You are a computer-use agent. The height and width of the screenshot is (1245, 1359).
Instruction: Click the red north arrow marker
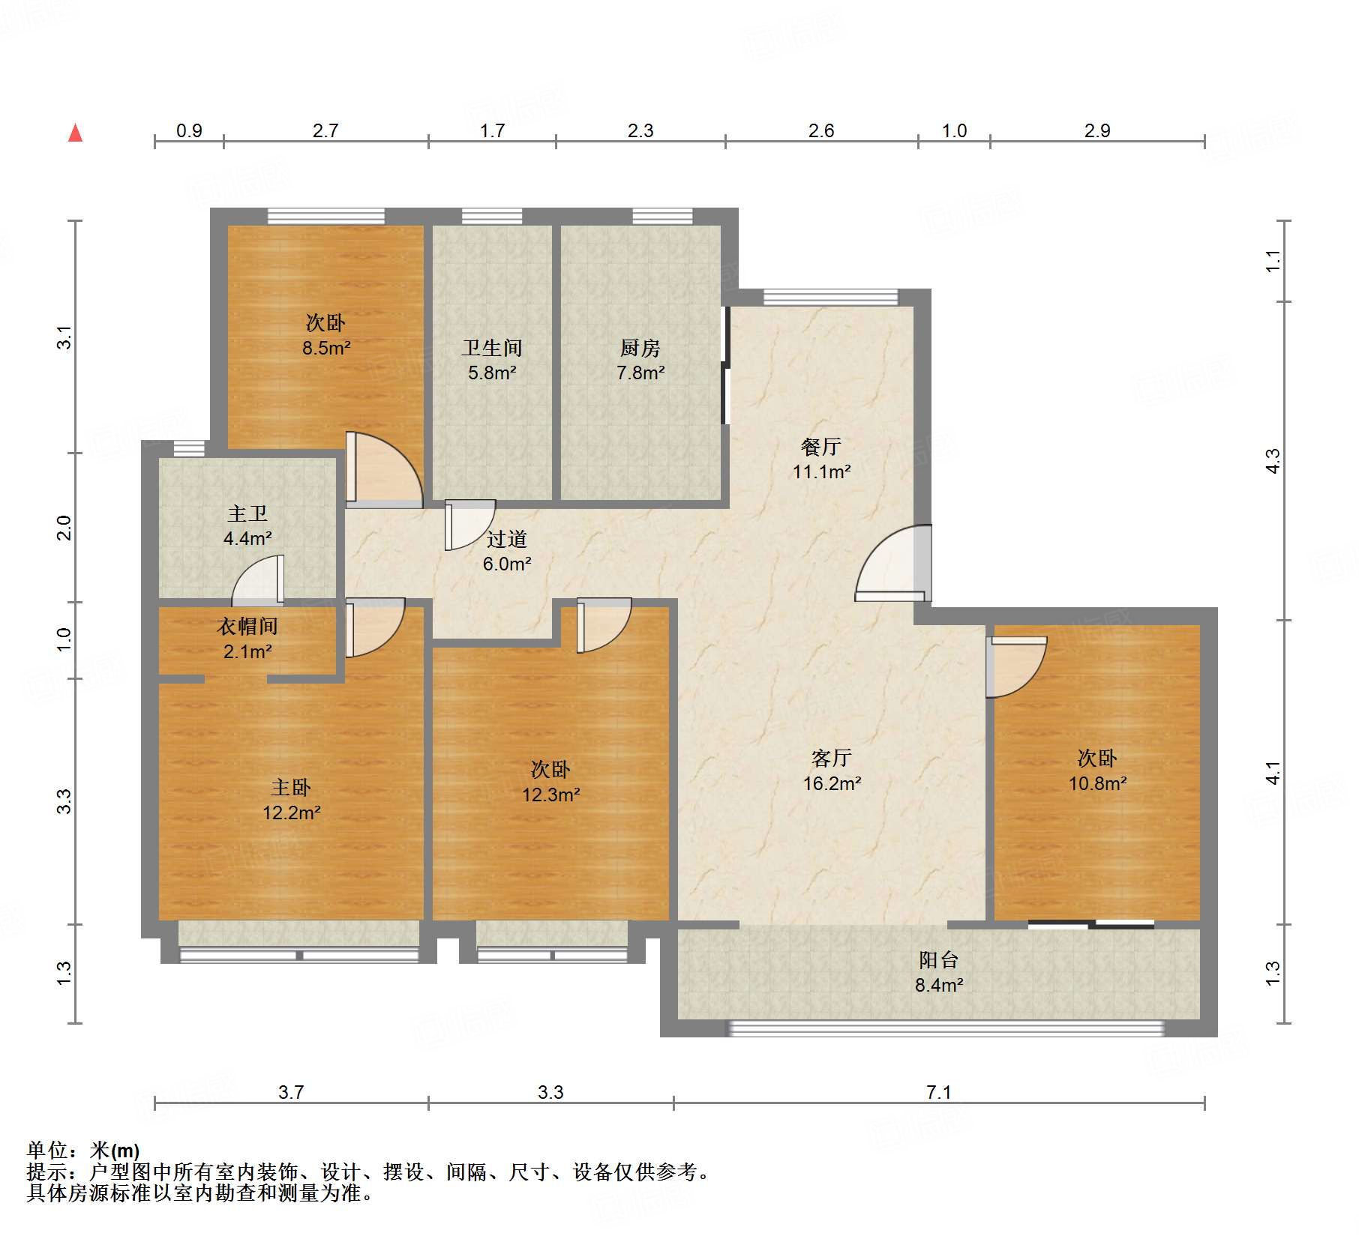[75, 133]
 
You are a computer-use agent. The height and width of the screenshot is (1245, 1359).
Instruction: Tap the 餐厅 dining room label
[821, 447]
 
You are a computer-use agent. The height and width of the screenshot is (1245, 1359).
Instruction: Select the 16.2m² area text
[832, 784]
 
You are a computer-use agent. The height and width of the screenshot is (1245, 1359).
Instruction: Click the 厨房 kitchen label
[640, 349]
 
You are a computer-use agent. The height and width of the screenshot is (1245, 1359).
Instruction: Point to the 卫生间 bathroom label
[492, 349]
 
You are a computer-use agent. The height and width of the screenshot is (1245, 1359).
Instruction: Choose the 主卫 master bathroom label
[247, 514]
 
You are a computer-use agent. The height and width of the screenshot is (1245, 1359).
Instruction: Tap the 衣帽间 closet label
[247, 627]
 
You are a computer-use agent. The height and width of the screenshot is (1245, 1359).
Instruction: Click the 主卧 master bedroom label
[291, 788]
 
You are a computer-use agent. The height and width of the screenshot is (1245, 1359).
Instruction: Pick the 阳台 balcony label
[938, 960]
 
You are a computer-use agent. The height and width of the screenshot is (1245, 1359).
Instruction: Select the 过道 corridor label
[507, 540]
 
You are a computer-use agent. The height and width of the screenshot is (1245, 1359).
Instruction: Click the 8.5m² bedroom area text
[326, 349]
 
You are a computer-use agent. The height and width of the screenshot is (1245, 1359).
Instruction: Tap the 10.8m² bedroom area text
[1097, 784]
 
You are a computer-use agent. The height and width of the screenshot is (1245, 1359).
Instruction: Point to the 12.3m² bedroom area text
[551, 795]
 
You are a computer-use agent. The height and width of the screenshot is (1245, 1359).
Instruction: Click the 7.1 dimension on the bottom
[938, 1092]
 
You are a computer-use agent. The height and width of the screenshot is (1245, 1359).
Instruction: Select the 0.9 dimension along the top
[189, 131]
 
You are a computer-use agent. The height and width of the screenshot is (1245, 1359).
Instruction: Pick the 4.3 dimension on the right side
[1272, 460]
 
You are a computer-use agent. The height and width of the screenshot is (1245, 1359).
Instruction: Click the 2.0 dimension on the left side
[64, 528]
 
